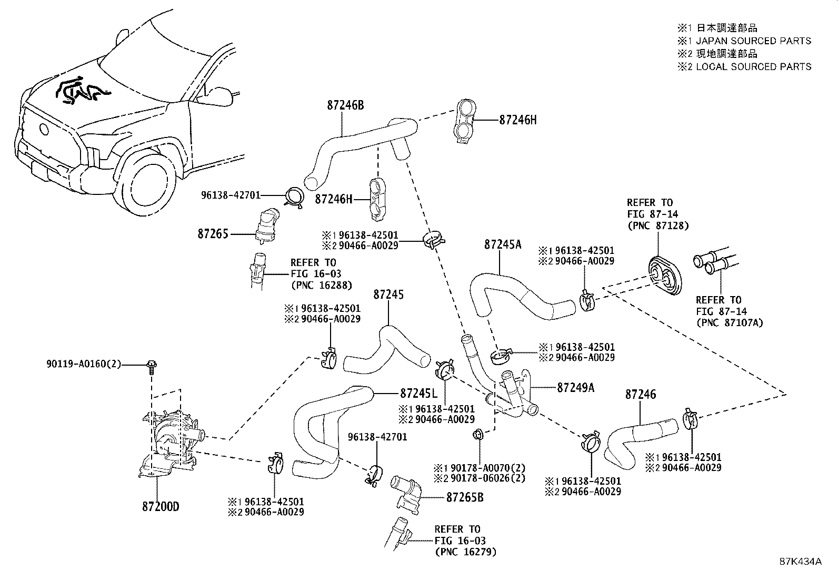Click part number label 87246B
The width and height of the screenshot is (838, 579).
[345, 105]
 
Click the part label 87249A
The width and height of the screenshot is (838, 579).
[575, 388]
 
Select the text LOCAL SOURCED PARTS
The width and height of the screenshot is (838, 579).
[753, 67]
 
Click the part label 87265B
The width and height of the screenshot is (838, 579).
[465, 497]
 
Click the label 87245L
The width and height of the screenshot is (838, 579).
[419, 394]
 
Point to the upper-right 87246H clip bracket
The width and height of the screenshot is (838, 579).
[464, 120]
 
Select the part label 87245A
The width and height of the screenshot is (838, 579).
[503, 244]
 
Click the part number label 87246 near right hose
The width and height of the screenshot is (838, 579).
[641, 394]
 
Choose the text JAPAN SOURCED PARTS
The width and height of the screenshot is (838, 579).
[753, 41]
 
